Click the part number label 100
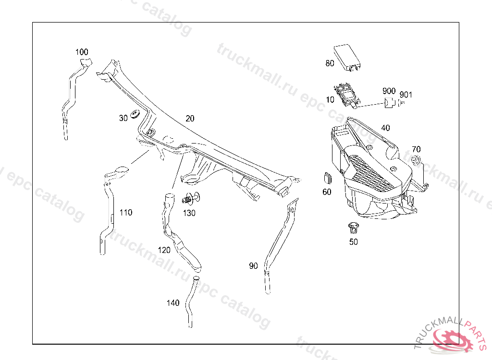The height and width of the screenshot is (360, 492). pos(82,52)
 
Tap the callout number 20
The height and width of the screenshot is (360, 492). pos(190,119)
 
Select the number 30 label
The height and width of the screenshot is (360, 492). pos(123,118)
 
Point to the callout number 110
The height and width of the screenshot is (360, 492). pos(125,213)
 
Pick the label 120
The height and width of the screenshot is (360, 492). pos(164,250)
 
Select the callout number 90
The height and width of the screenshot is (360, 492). pos(253,265)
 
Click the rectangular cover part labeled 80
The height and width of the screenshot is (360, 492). pos(347,56)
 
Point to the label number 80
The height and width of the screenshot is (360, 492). pos(330,63)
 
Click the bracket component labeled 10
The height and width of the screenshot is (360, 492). pos(347,95)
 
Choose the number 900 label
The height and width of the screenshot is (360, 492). pos(389,91)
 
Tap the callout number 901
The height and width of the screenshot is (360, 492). pos(406,95)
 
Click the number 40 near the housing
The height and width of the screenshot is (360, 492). pos(385,128)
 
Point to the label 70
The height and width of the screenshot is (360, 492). pos(416,149)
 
